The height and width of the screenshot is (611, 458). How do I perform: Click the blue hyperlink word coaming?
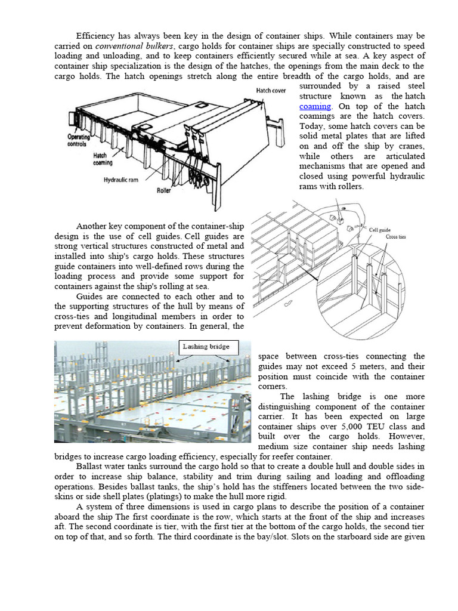(x=315, y=106)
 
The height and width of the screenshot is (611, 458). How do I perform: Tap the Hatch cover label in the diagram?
(x=272, y=90)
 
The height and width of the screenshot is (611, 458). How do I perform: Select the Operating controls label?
(x=78, y=140)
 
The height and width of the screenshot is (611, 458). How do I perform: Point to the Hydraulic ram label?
(x=122, y=179)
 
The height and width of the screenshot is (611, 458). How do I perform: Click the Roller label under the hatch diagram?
(x=163, y=191)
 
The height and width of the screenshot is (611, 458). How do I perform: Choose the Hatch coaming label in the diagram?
(x=103, y=159)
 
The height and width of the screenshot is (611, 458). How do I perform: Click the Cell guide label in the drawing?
(x=379, y=229)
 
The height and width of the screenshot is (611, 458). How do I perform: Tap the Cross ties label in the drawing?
(x=395, y=237)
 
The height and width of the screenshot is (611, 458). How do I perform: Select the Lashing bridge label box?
(x=208, y=347)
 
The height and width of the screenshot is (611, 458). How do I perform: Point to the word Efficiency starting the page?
(x=95, y=36)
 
